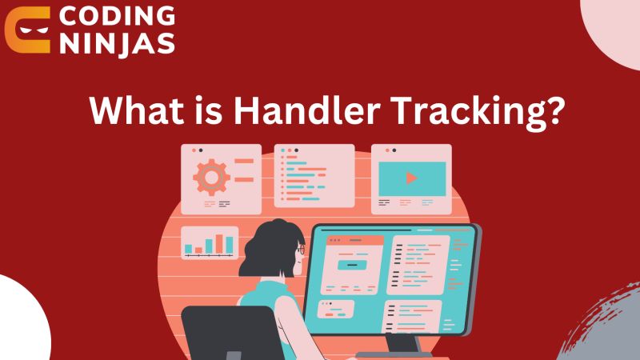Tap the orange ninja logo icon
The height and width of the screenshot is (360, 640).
[27, 30]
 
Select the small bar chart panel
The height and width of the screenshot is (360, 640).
[210, 242]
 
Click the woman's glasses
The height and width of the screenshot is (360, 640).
[301, 250]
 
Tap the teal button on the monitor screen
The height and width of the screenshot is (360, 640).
[352, 264]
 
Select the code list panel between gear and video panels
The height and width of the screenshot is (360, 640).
[314, 175]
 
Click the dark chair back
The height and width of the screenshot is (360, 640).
[216, 332]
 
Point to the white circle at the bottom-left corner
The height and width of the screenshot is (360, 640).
[20, 320]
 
